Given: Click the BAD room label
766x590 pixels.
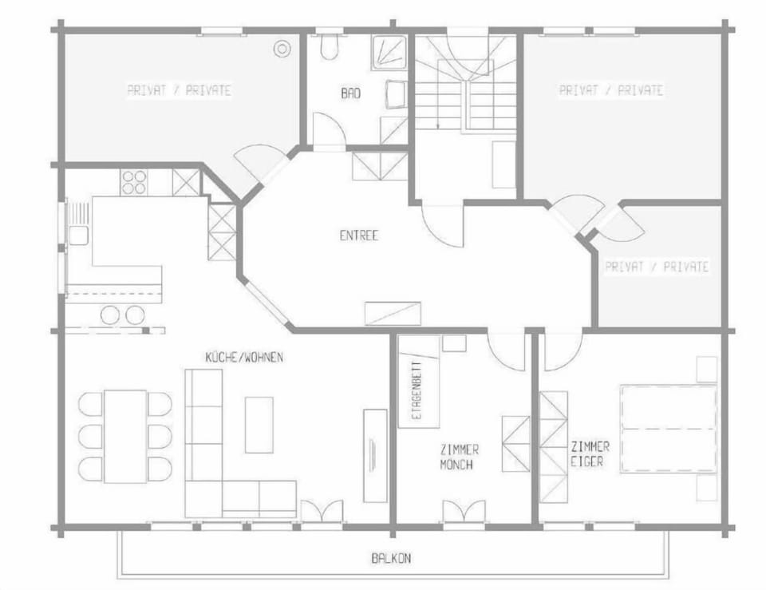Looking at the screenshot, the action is click(351, 93).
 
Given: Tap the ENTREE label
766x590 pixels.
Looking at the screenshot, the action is click(359, 235).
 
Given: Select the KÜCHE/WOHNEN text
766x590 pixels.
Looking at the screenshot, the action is click(244, 357).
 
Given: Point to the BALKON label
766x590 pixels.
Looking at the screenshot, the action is click(391, 558).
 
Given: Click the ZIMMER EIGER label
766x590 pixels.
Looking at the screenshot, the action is click(590, 453).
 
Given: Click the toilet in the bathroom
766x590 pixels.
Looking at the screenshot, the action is click(330, 46).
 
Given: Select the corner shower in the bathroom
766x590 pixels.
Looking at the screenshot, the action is click(389, 53).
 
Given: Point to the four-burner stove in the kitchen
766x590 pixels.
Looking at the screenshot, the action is click(133, 182).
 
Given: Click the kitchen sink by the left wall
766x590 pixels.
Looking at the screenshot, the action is click(78, 236).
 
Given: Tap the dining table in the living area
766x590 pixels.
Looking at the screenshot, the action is click(125, 437).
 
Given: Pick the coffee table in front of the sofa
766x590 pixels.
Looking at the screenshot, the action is click(259, 425).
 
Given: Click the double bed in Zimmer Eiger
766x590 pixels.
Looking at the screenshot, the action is click(669, 429).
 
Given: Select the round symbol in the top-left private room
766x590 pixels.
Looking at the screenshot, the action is click(282, 49).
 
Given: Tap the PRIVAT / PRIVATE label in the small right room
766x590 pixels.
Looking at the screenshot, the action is click(657, 267).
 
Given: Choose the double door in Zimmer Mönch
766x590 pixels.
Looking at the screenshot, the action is click(464, 511).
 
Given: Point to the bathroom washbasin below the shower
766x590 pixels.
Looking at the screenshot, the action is click(397, 94).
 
